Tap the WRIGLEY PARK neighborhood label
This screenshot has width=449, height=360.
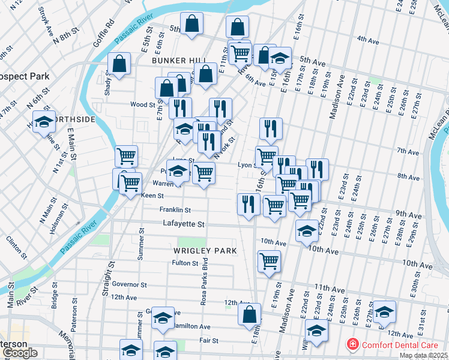tap(205, 250)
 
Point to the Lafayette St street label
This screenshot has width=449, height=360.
tap(184, 224)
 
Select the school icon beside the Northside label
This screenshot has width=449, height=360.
tap(44, 122)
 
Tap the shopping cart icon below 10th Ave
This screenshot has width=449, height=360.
tap(269, 262)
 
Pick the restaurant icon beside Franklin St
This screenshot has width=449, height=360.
tap(249, 204)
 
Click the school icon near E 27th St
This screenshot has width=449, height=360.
tap(384, 312)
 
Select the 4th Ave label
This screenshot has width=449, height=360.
tap(368, 40)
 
